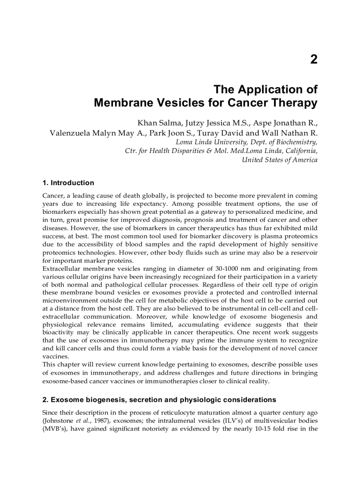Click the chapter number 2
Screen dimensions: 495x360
point(313,60)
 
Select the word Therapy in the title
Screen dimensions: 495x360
point(294,103)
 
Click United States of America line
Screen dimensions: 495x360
point(279,160)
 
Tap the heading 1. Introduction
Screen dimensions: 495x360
point(68,183)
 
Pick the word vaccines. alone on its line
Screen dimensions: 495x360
point(55,356)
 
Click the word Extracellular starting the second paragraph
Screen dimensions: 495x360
point(61,268)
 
